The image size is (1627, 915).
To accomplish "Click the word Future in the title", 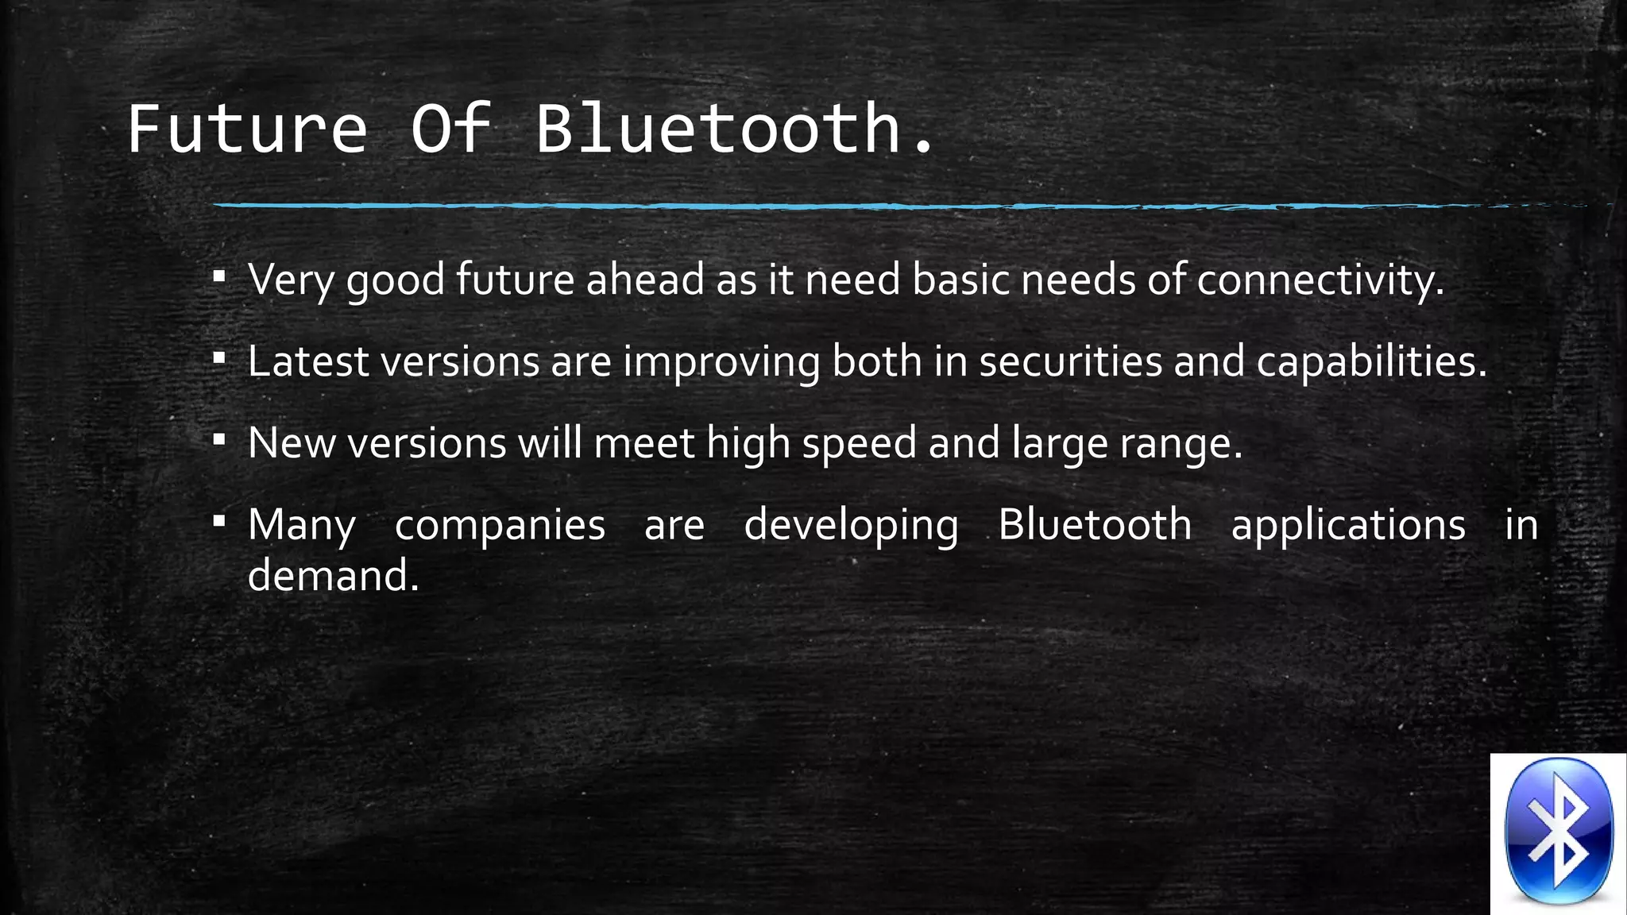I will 247,129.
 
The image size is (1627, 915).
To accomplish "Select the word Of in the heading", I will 450,129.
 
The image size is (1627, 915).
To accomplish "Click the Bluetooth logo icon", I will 1558,832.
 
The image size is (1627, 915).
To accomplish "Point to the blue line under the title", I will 874,206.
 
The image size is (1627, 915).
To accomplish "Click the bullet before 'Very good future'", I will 220,277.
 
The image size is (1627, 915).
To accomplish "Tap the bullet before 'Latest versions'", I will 220,359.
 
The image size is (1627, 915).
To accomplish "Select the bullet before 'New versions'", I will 220,441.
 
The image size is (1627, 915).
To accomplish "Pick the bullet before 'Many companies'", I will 220,523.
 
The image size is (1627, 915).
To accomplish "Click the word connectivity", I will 1320,280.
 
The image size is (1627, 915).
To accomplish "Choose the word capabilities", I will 1370,362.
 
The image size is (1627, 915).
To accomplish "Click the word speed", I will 859,444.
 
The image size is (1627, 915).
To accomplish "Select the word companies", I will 500,526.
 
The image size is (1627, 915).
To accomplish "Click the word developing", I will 851,526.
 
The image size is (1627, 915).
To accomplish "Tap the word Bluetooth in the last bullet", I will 1095,526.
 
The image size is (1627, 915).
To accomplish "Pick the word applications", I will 1348,526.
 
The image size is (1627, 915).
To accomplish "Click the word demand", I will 332,576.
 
